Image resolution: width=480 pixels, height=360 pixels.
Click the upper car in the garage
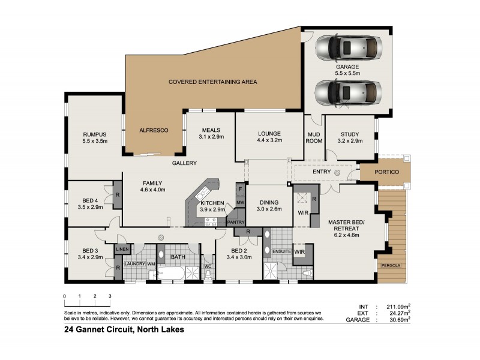tap(348, 46)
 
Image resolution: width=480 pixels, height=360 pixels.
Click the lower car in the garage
tap(348, 93)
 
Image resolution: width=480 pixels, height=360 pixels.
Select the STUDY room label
tap(350, 134)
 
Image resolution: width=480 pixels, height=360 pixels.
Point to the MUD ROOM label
tap(314, 137)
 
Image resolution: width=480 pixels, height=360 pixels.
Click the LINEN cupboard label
tap(122, 248)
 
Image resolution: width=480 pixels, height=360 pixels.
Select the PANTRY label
tap(236, 223)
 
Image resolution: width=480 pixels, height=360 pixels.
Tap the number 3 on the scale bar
tap(110, 296)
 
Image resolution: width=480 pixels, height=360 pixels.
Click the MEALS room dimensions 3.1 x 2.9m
tap(211, 137)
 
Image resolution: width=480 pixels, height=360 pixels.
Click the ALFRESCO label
tap(153, 130)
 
